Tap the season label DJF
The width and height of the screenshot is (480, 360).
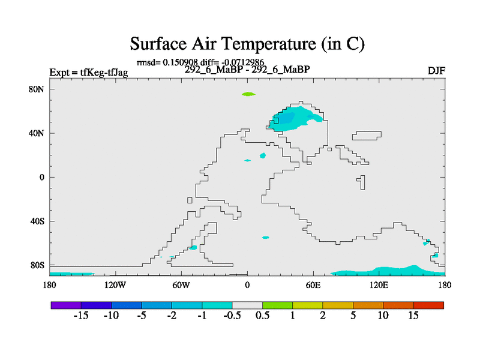tap(436, 71)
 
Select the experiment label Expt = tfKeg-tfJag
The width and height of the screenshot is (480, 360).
tap(89, 73)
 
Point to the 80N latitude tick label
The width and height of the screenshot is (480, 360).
tap(37, 89)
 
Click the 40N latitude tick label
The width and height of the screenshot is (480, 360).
tap(37, 133)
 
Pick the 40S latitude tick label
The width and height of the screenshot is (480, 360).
tap(37, 221)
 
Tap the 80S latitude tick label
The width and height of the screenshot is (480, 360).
tap(37, 265)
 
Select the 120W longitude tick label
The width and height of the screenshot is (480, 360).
tap(115, 286)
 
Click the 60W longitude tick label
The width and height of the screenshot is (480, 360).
tap(181, 286)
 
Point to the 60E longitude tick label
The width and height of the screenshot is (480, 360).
tap(313, 286)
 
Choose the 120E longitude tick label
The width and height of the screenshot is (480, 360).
tap(379, 286)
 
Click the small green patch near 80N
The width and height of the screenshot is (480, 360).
tap(248, 94)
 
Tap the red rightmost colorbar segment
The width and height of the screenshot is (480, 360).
tap(428, 305)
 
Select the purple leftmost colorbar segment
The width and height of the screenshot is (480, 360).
tap(66, 305)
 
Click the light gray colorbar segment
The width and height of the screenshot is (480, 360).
tap(247, 305)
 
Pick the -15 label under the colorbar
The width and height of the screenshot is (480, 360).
tap(81, 316)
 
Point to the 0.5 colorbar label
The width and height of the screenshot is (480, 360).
tap(263, 316)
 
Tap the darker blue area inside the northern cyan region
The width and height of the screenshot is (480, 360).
tap(287, 118)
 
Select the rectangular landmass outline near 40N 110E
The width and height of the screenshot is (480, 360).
tap(367, 136)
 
